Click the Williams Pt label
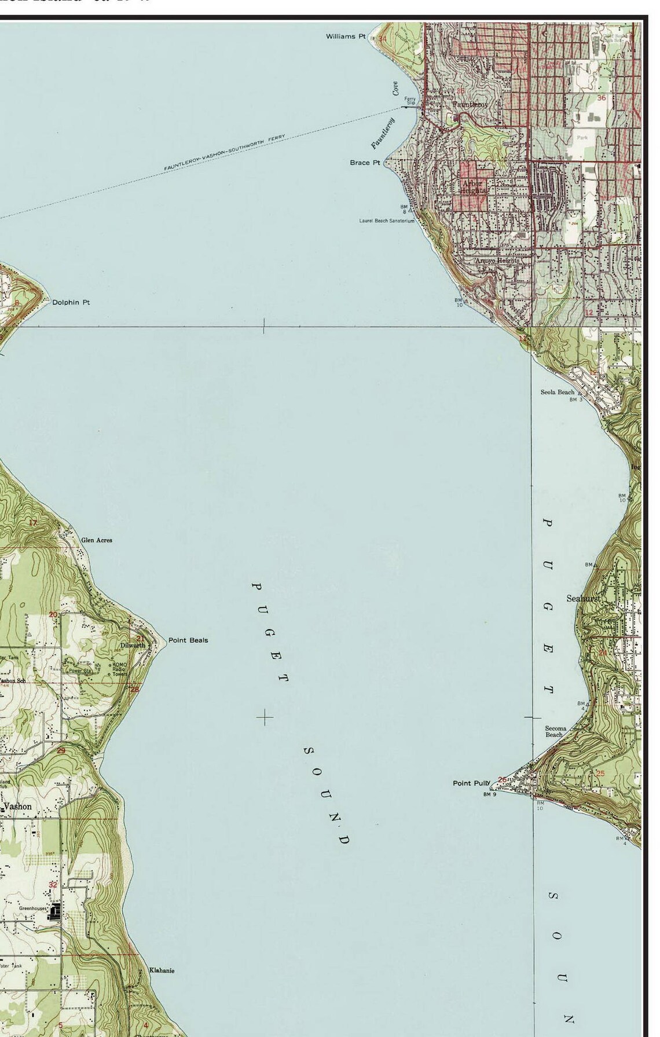pos(345,36)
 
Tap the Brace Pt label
pos(365,163)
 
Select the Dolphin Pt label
pos(71,302)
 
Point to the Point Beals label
pos(188,640)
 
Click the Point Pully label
pos(471,783)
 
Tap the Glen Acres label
pos(97,540)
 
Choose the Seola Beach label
pos(557,392)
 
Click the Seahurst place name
pos(583,598)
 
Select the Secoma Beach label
pos(555,731)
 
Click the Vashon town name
pos(18,807)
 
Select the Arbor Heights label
pos(472,187)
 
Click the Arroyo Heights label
pos(497,261)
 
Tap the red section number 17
pos(33,523)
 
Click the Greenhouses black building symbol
pos(56,913)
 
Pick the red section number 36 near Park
pos(601,98)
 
